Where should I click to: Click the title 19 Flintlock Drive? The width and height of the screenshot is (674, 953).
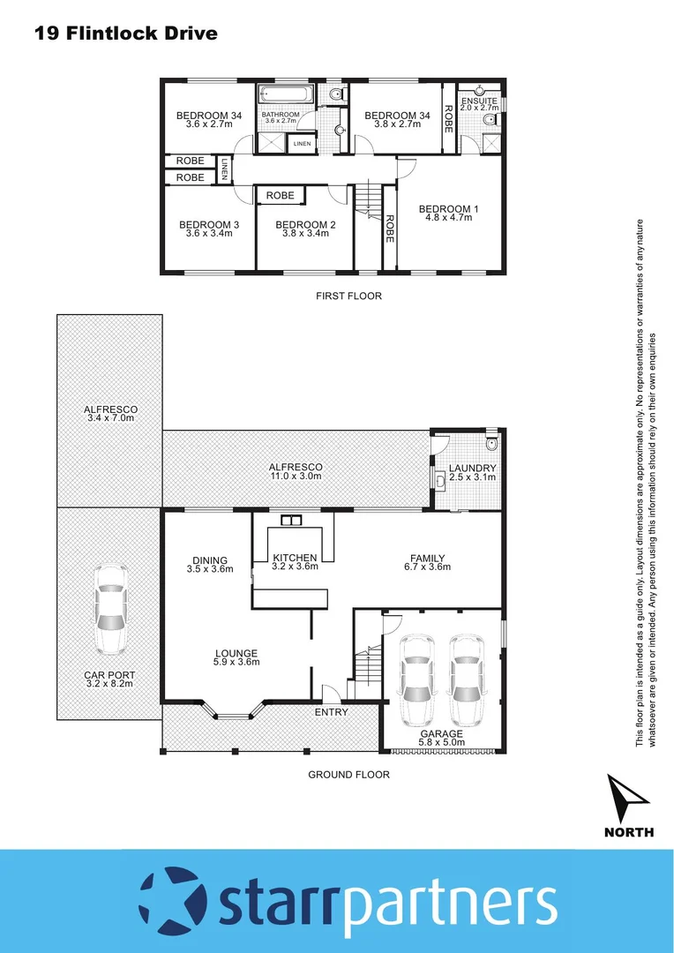pos(125,34)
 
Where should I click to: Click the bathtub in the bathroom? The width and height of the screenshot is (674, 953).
pos(284,94)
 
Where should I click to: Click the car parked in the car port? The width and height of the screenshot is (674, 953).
pos(110,609)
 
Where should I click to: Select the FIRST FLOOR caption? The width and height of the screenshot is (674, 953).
pos(348,296)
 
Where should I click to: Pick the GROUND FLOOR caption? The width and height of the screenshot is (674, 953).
pos(348,775)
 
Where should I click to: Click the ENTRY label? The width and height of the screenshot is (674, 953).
pos(332,712)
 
